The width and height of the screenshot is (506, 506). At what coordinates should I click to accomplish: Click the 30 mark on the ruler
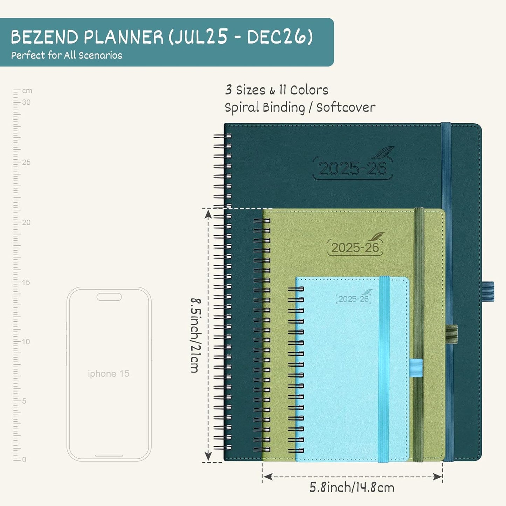[26, 102]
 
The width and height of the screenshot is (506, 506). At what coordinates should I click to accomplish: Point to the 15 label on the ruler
[26, 282]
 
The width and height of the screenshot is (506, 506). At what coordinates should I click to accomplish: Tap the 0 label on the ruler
[24, 459]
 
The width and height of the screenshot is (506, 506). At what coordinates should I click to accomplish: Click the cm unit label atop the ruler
[27, 91]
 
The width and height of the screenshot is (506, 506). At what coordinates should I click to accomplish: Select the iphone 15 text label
[109, 374]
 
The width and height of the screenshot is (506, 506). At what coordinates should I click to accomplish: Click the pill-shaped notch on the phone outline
[109, 297]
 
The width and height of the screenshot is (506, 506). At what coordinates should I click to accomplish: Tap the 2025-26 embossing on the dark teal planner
[352, 169]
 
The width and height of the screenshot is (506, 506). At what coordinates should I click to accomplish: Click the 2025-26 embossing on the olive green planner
[355, 248]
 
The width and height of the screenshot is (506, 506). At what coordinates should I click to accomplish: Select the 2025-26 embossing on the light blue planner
[354, 299]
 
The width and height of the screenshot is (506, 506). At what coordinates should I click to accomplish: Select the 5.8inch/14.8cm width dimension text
[352, 487]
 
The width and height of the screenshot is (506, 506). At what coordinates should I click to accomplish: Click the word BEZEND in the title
[44, 37]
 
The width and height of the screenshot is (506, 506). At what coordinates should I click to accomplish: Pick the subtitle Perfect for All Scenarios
[67, 55]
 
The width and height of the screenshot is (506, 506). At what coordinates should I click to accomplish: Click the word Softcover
[346, 107]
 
